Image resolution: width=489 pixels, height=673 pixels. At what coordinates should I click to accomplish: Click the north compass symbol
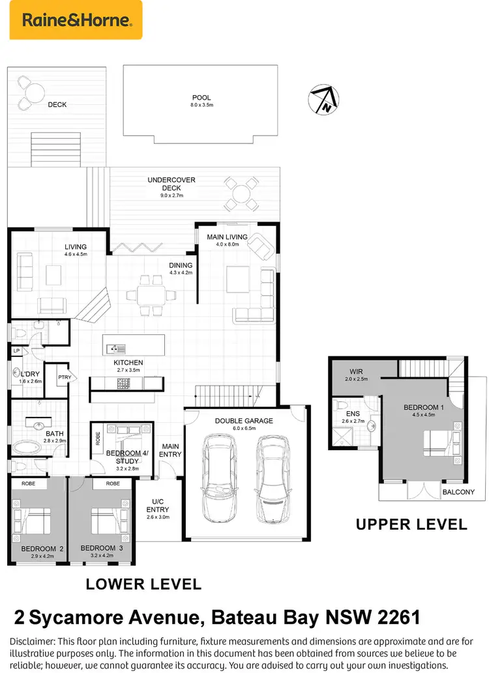(323, 100)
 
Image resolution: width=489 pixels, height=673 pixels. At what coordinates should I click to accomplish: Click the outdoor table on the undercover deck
(241, 194)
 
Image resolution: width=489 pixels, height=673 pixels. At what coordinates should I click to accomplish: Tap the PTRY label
(65, 377)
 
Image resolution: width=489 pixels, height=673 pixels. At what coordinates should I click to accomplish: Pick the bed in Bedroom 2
(36, 522)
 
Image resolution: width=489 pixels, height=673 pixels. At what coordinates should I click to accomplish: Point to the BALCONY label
(458, 492)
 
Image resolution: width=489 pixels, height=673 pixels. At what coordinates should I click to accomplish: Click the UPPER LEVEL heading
(411, 524)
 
